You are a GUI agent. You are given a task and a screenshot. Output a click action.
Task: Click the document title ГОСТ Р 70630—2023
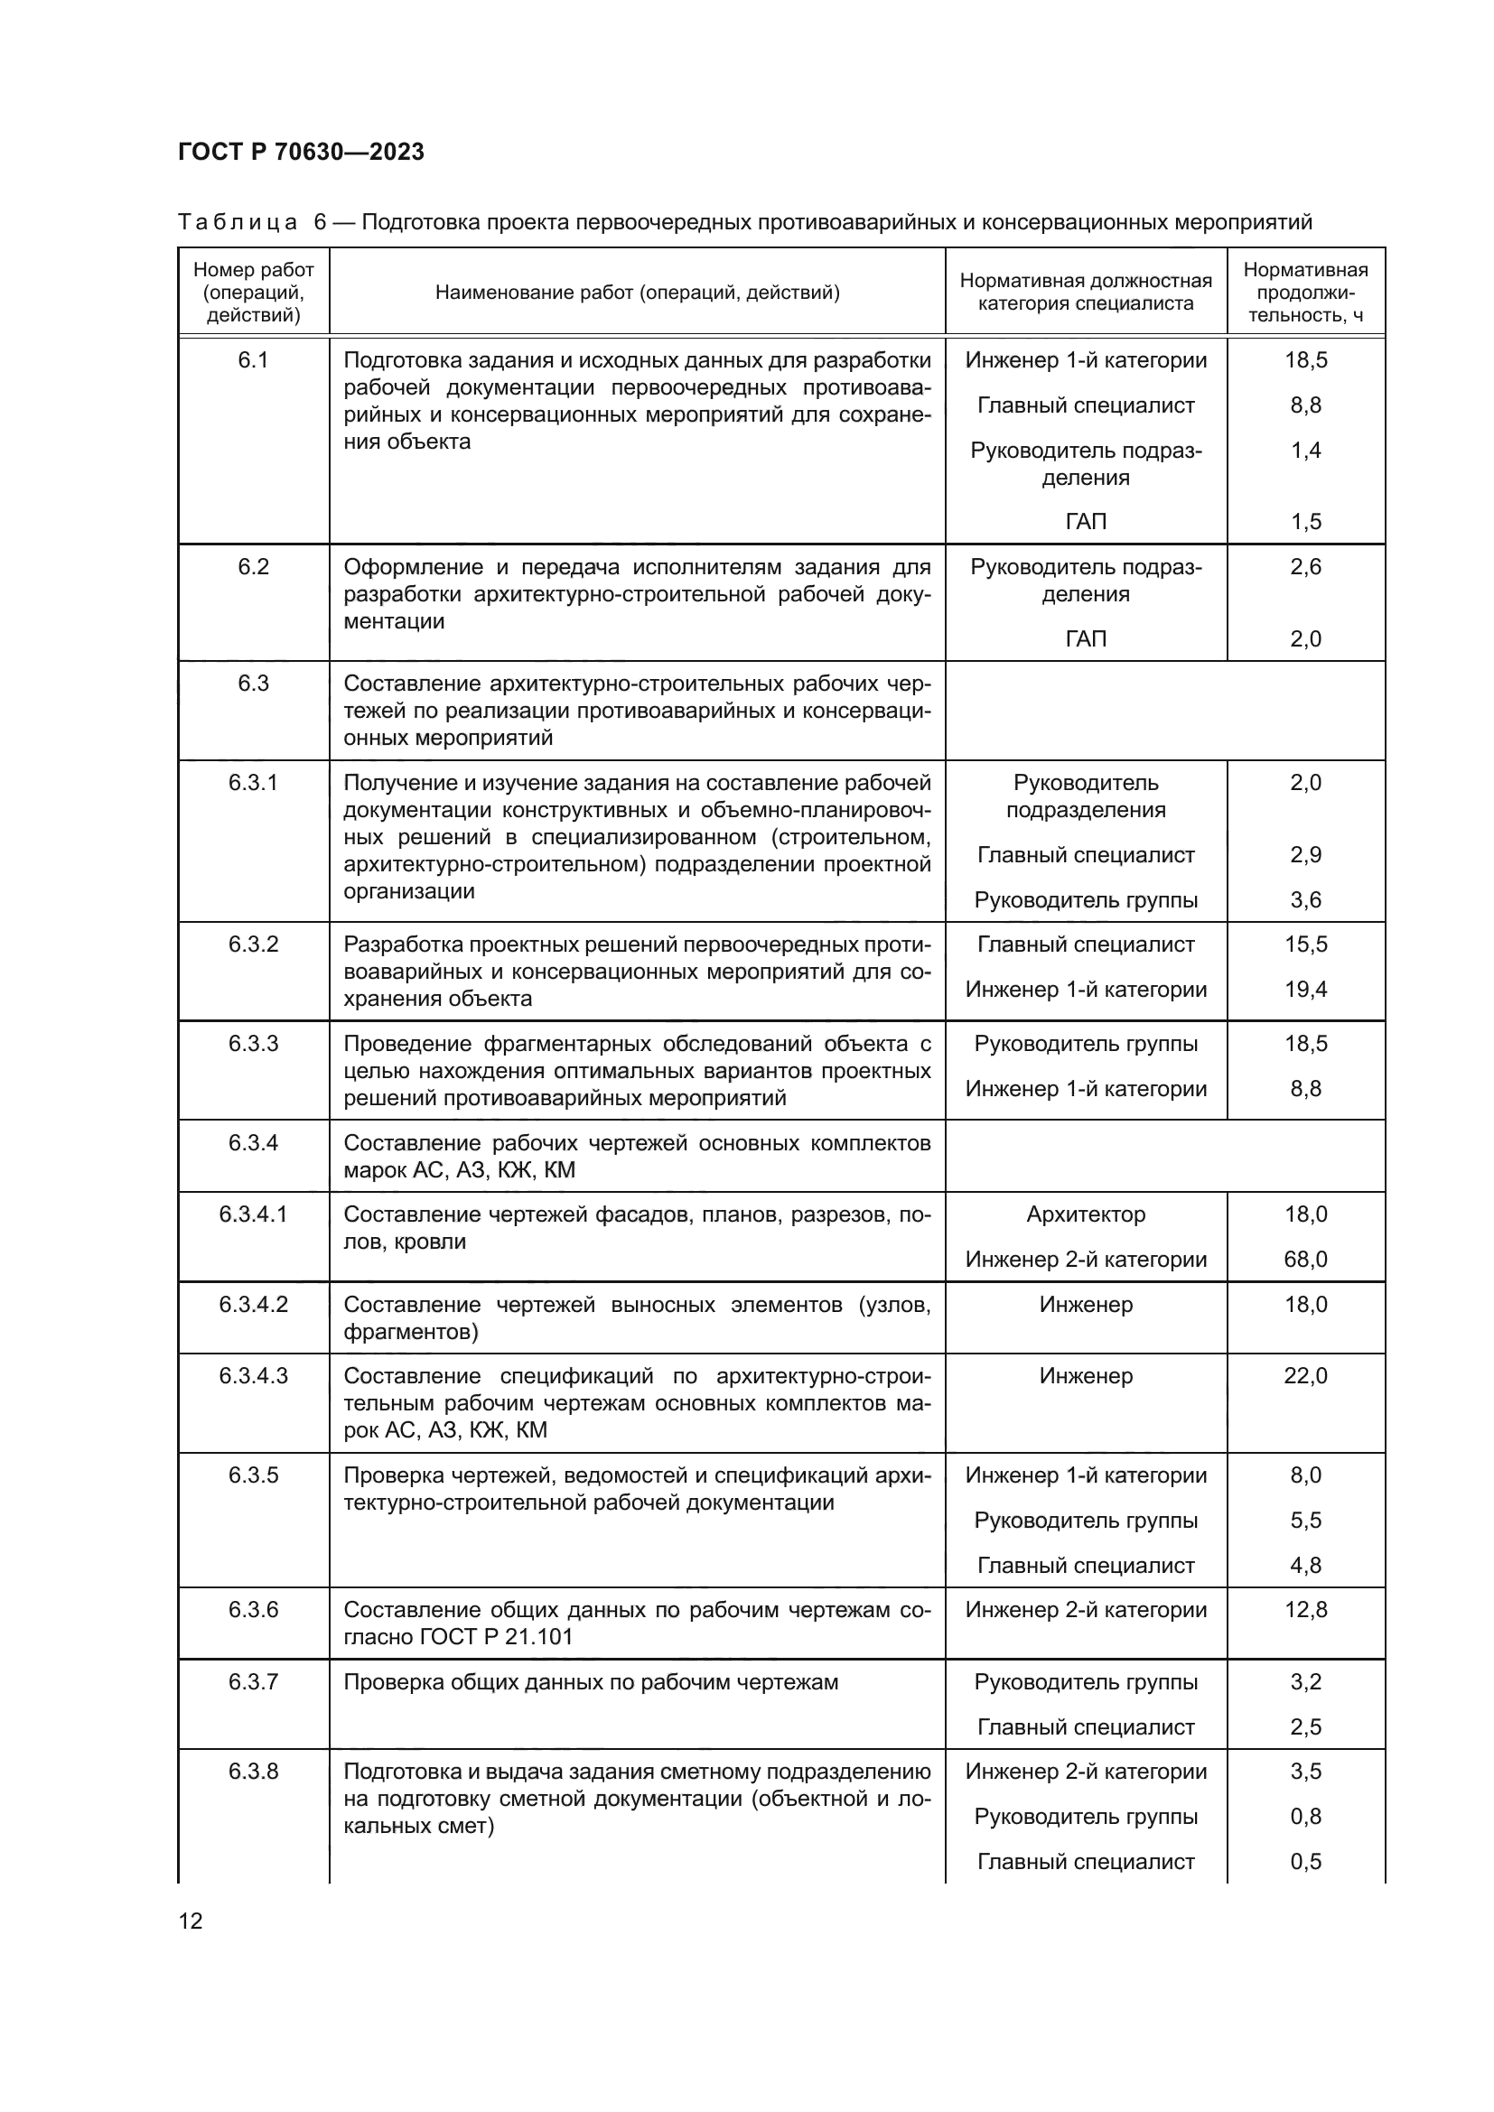pos(301,152)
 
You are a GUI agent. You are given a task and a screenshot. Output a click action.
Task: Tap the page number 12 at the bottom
pos(191,1921)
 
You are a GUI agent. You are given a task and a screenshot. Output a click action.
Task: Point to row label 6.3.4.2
pos(253,1305)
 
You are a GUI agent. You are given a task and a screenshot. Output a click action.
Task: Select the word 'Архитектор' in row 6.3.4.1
pos(1086,1214)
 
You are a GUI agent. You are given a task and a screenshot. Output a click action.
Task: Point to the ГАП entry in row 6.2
pos(1086,638)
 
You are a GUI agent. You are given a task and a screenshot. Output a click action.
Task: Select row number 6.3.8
pos(253,1772)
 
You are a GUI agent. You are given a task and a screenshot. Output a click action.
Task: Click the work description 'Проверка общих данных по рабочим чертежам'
pos(591,1682)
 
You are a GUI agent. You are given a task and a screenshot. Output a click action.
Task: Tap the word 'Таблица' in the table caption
pos(238,223)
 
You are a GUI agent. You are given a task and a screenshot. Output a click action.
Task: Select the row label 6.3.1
pos(253,783)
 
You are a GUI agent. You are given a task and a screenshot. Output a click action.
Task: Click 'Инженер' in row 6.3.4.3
pos(1086,1376)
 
